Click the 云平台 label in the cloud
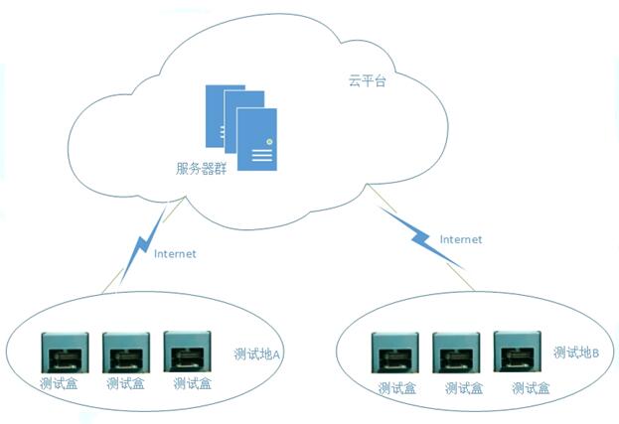coord(367,80)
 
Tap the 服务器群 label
coord(201,169)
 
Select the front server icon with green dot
coord(257,139)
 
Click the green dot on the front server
coord(269,141)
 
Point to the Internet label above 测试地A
coord(175,253)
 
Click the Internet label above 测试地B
coord(461,239)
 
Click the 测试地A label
coord(256,353)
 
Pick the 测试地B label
coord(576,353)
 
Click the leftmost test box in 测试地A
coord(66,353)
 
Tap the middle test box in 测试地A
coord(126,353)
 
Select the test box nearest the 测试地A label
coord(187,352)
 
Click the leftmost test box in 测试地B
coord(395,353)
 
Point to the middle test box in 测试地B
coord(456,353)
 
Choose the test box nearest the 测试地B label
coord(517,352)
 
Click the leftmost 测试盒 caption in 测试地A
coord(59,383)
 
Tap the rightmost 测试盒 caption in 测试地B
coord(531,388)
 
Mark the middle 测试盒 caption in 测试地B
coord(464,388)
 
